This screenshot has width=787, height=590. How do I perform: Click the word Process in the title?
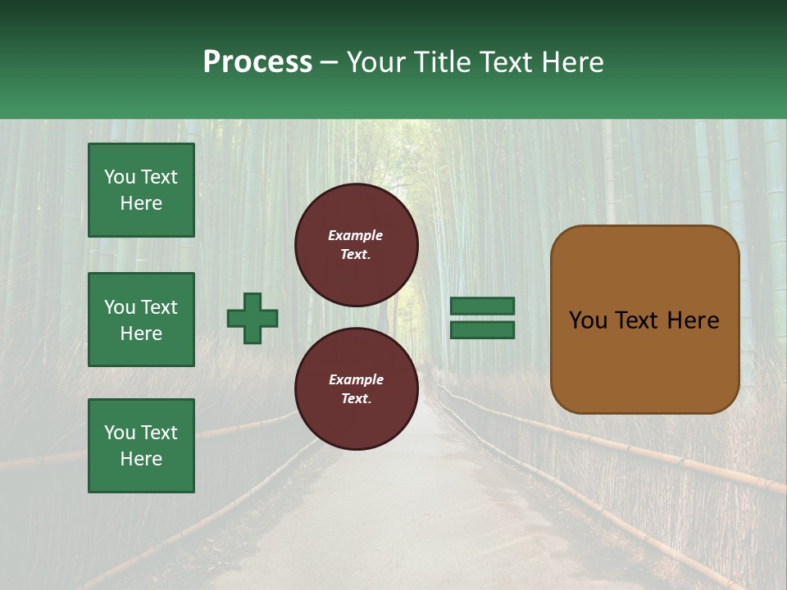(x=257, y=62)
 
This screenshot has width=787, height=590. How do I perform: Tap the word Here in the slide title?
(x=571, y=62)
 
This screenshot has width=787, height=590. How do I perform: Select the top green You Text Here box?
(x=141, y=190)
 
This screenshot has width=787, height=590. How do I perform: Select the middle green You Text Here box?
(x=141, y=320)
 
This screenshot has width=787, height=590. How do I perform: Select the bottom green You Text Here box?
(x=141, y=445)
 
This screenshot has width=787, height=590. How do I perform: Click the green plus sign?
(x=252, y=318)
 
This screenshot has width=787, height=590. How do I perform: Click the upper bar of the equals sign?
(x=483, y=306)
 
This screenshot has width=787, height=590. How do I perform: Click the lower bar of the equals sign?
(x=483, y=330)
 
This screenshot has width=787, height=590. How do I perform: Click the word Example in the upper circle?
(x=355, y=235)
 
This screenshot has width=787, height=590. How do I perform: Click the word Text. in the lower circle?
(x=356, y=399)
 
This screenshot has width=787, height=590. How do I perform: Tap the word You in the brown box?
(x=588, y=320)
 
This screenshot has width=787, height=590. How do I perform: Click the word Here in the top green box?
(x=141, y=203)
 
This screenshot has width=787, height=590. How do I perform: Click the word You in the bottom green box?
(x=120, y=432)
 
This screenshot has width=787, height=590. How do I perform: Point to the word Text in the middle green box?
(x=159, y=307)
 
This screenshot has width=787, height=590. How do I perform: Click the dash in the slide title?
(x=330, y=63)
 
